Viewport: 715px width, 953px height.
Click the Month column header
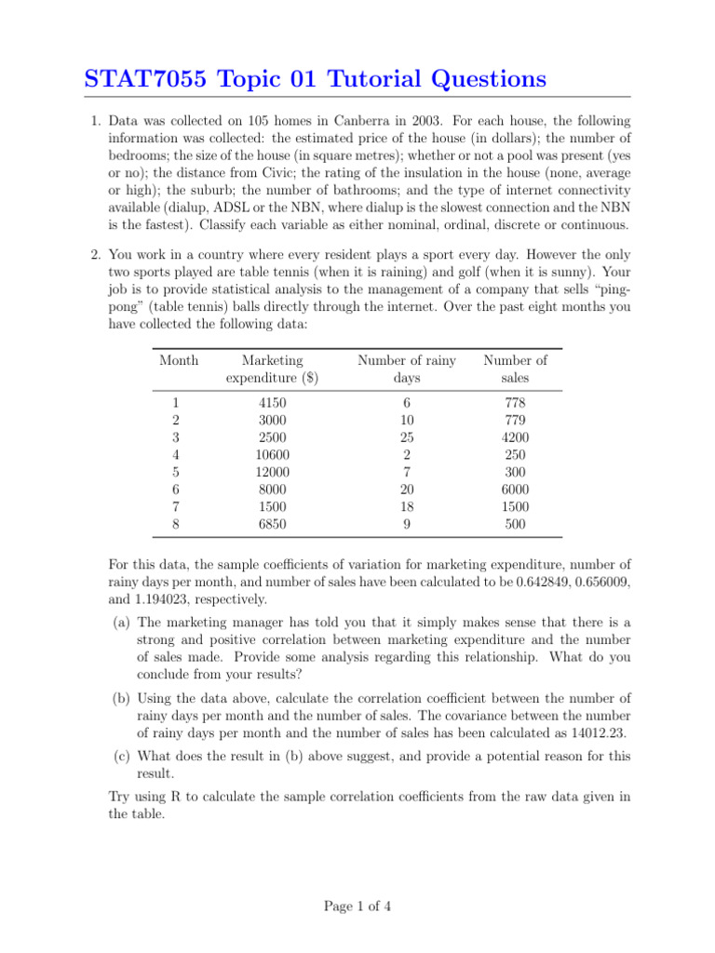click(178, 360)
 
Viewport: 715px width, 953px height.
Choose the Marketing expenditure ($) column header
click(272, 369)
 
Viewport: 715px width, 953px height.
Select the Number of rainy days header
click(407, 369)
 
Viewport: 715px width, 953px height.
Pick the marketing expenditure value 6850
click(272, 524)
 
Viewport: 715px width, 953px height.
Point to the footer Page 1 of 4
click(357, 906)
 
